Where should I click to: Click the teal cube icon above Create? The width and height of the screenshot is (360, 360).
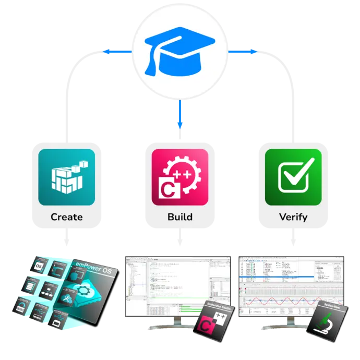67,177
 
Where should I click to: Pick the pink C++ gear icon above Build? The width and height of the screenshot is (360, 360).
180,177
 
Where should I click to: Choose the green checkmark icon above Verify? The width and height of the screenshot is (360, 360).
293,177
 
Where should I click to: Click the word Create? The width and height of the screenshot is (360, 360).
67,217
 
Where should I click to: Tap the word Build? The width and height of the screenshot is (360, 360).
180,217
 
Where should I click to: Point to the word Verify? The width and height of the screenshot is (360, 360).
293,217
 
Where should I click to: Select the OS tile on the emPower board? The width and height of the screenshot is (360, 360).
38,267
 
